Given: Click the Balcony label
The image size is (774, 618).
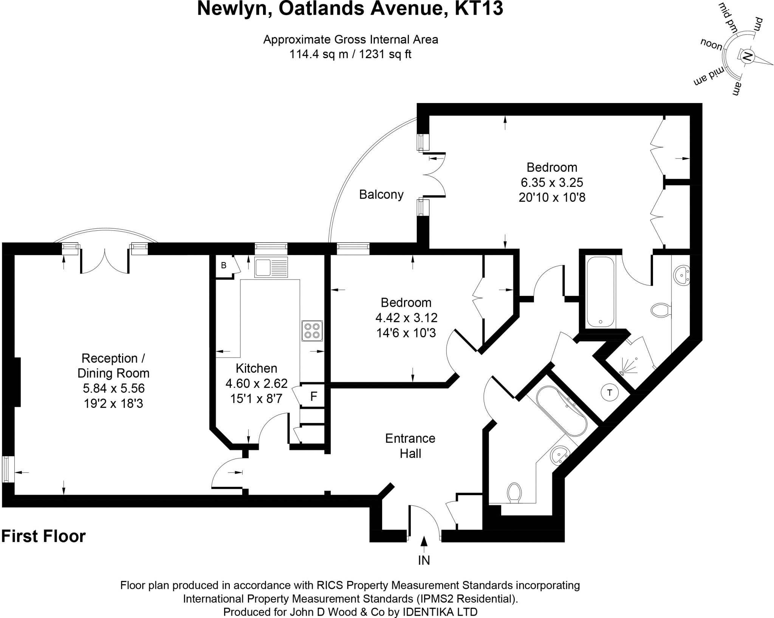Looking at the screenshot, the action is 381,195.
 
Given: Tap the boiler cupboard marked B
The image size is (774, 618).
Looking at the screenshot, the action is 224,266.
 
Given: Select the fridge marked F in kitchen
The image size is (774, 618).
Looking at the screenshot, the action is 313,396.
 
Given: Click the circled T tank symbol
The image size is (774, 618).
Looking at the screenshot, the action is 609,392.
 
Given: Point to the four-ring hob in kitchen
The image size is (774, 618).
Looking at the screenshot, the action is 312,331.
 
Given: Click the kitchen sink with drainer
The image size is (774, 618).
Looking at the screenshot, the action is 271,267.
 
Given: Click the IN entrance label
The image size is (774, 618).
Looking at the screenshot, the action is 424,561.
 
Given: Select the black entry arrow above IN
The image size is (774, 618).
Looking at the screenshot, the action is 424,542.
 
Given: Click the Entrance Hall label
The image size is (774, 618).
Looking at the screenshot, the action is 410,446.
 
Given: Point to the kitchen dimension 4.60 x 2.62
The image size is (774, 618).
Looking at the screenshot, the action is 257,383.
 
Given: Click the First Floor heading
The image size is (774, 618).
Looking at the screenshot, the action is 44,536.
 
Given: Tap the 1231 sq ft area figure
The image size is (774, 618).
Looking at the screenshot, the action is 385,54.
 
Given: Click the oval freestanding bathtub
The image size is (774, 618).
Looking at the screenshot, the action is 562,411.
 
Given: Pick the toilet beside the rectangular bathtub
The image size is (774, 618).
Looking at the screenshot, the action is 661,310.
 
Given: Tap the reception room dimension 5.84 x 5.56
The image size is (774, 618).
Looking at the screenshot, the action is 114,388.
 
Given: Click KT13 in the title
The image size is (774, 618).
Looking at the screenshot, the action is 479,9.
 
